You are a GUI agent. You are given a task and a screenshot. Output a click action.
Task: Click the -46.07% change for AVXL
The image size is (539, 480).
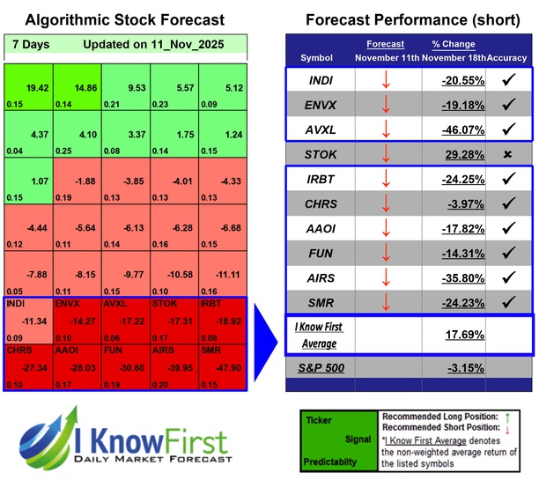(462, 129)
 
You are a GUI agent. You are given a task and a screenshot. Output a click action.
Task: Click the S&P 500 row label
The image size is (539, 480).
(323, 366)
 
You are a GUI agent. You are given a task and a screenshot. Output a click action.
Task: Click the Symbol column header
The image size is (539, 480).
(317, 57)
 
